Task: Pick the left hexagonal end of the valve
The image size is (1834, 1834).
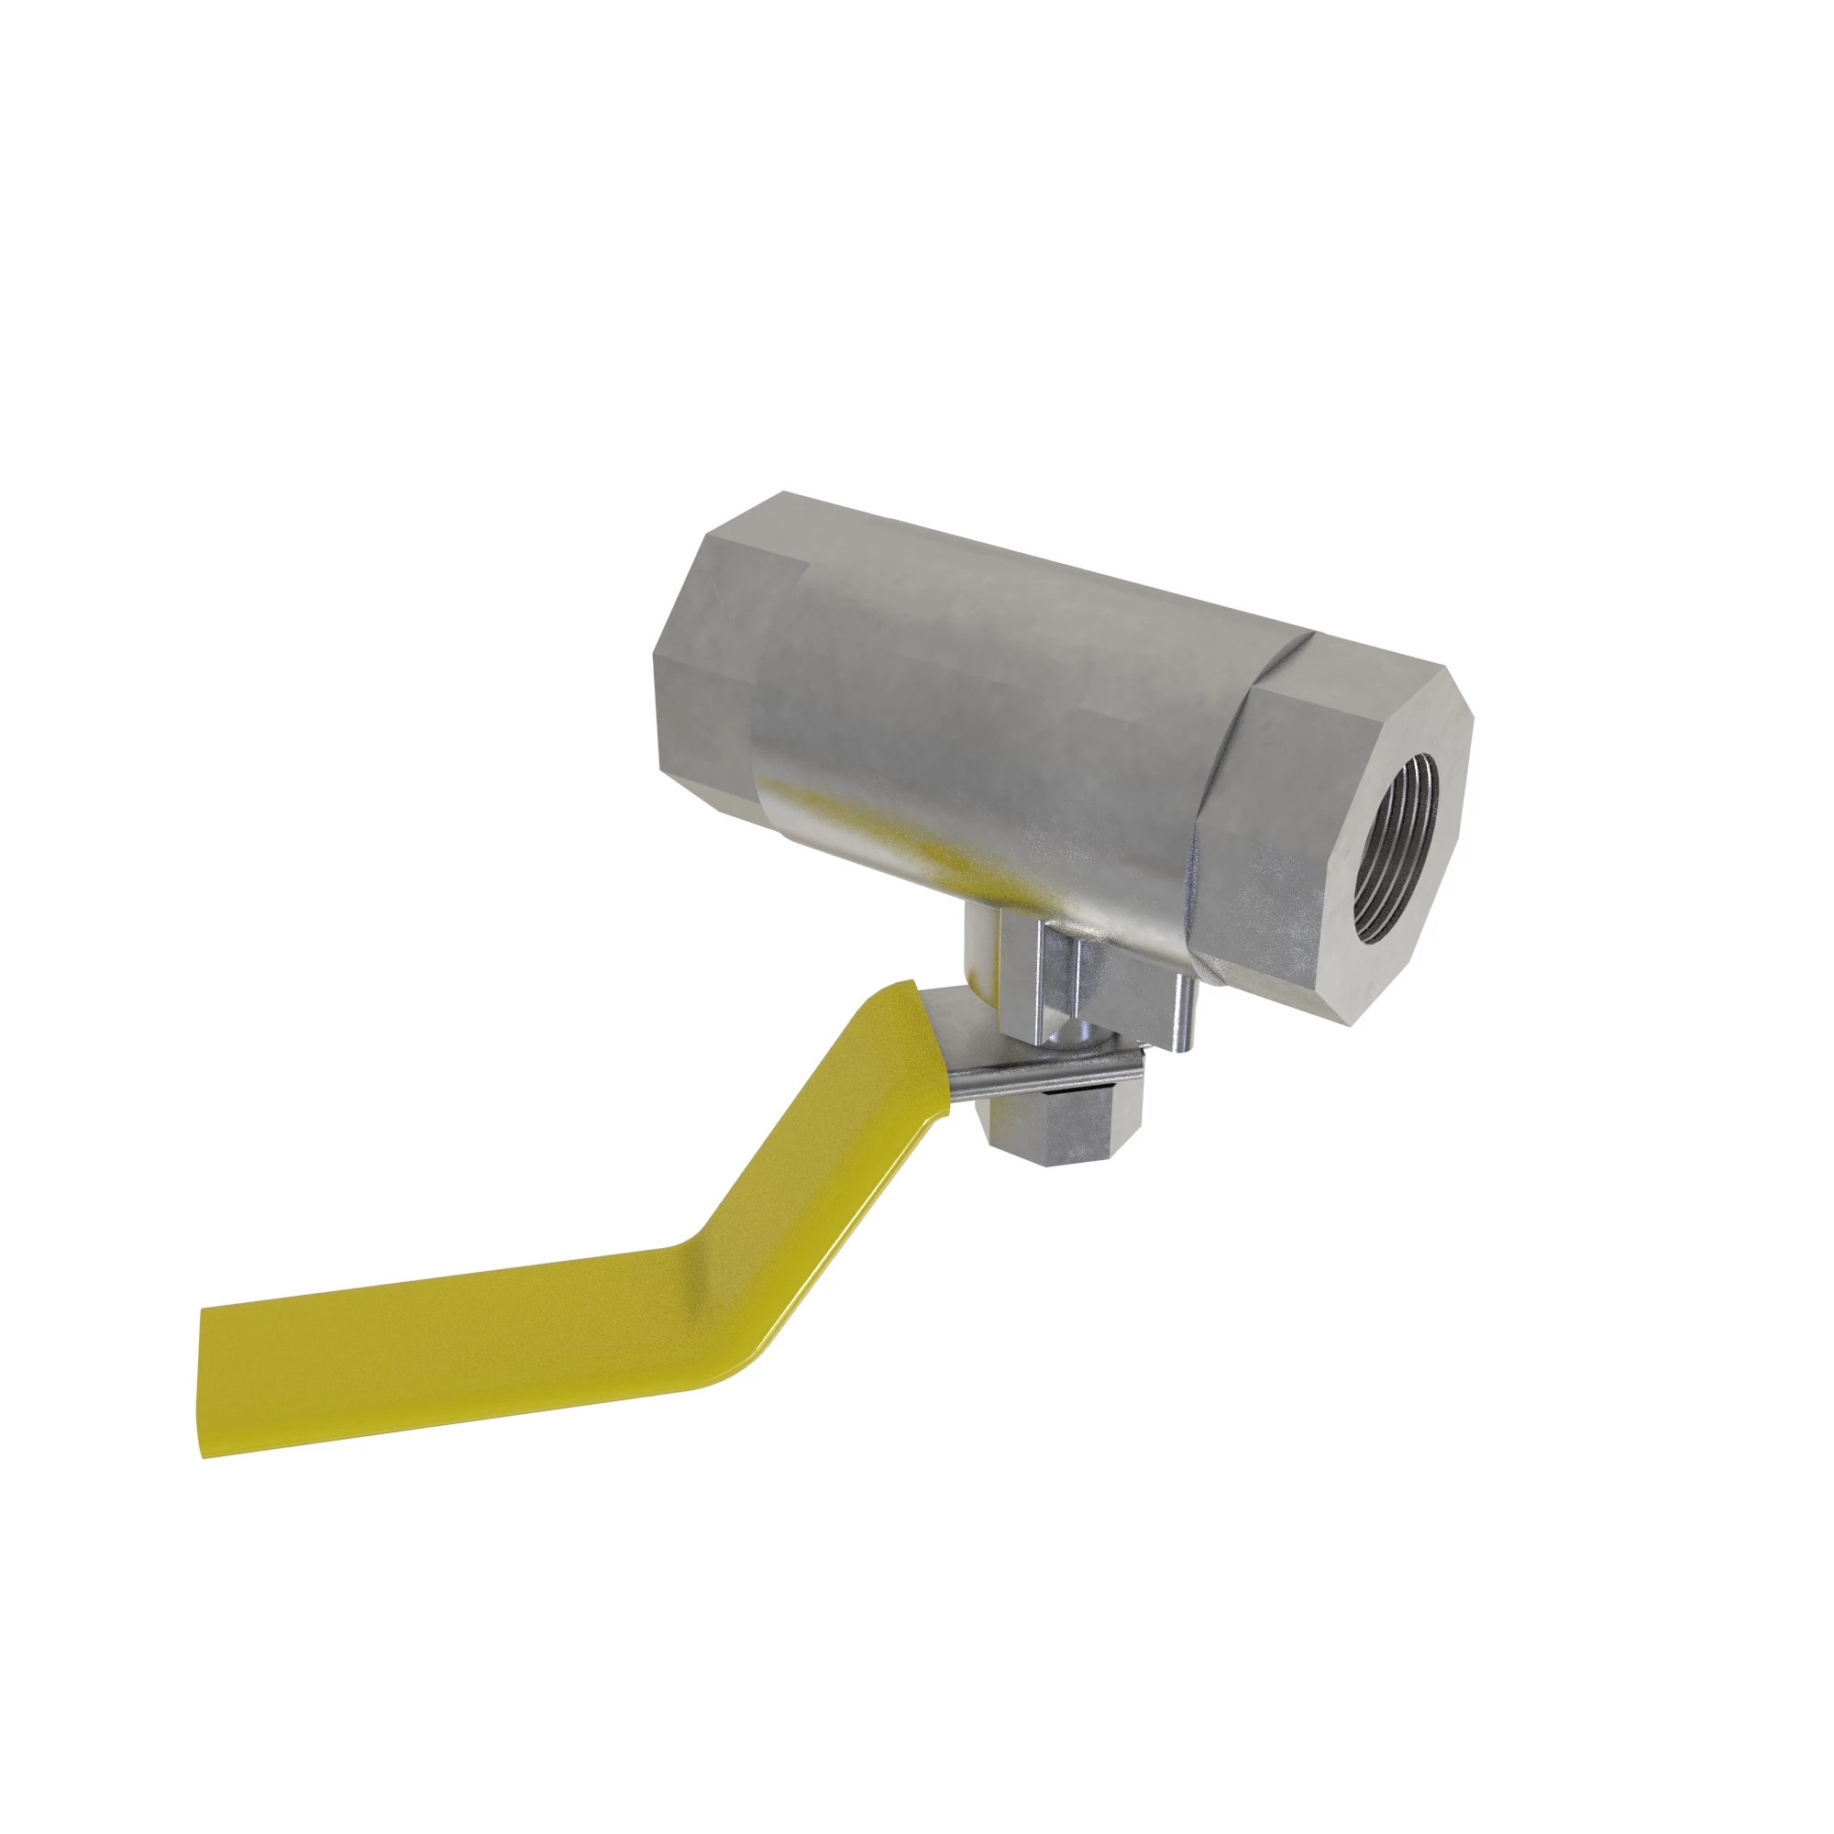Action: coord(707,655)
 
